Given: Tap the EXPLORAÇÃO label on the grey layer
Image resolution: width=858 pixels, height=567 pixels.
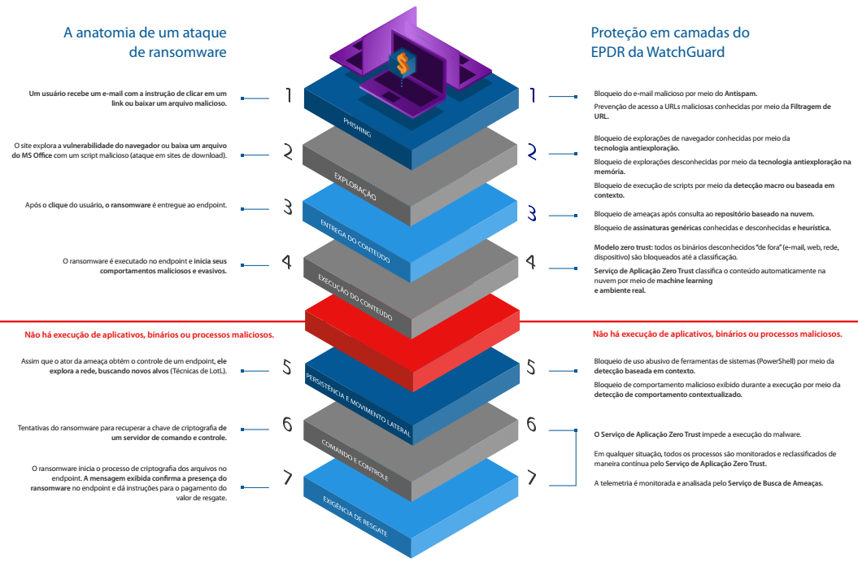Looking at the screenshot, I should point(355,186).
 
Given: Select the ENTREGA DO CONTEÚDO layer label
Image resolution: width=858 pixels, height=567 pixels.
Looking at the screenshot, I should point(355,241).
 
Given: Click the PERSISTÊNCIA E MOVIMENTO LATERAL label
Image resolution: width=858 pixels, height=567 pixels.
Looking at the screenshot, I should point(359,405).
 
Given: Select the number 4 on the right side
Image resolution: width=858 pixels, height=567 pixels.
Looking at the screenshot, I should point(531,262).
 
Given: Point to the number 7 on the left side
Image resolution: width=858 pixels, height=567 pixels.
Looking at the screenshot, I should point(287,477).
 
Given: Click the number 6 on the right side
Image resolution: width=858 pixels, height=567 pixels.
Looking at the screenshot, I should point(531,424).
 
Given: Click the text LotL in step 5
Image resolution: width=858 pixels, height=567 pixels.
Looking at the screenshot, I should point(212,371).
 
